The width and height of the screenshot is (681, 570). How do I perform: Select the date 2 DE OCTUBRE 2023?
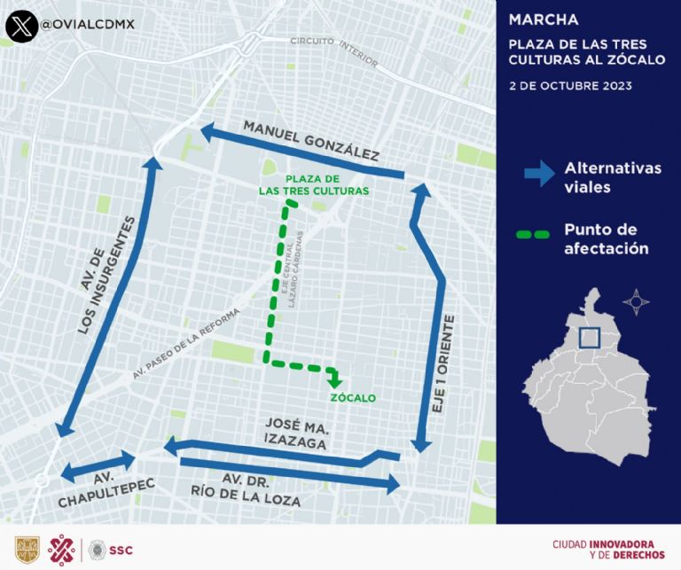click(x=569, y=87)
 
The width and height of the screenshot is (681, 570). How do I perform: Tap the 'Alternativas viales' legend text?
click(x=612, y=177)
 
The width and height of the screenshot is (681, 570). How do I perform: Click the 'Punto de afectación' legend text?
click(x=607, y=238)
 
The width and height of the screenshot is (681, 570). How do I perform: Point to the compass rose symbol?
click(x=636, y=302)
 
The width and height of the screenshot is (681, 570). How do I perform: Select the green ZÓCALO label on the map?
click(x=352, y=398)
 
